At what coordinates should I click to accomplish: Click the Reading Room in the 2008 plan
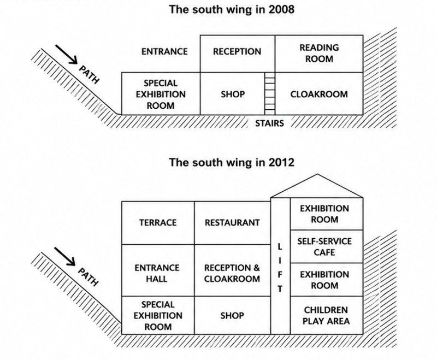click(x=319, y=54)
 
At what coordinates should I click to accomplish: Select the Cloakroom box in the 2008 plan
click(x=319, y=93)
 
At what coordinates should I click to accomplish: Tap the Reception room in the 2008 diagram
click(x=238, y=54)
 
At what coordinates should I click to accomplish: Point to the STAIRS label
click(x=269, y=123)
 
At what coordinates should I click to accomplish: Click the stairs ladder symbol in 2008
click(x=269, y=93)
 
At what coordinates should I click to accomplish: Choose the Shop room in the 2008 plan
click(x=232, y=93)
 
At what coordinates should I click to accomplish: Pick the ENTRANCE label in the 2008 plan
click(x=164, y=51)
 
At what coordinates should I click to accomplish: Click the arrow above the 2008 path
click(x=66, y=54)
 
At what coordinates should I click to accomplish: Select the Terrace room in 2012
click(x=158, y=223)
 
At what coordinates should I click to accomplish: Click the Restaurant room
click(x=233, y=223)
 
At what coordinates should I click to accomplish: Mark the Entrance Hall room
click(x=158, y=270)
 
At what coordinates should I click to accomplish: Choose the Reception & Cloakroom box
click(x=233, y=270)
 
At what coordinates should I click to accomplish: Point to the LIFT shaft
click(x=280, y=266)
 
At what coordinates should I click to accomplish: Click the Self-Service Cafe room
click(x=327, y=246)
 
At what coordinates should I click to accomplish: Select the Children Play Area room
click(x=327, y=315)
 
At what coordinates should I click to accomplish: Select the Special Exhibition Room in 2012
click(x=158, y=315)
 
